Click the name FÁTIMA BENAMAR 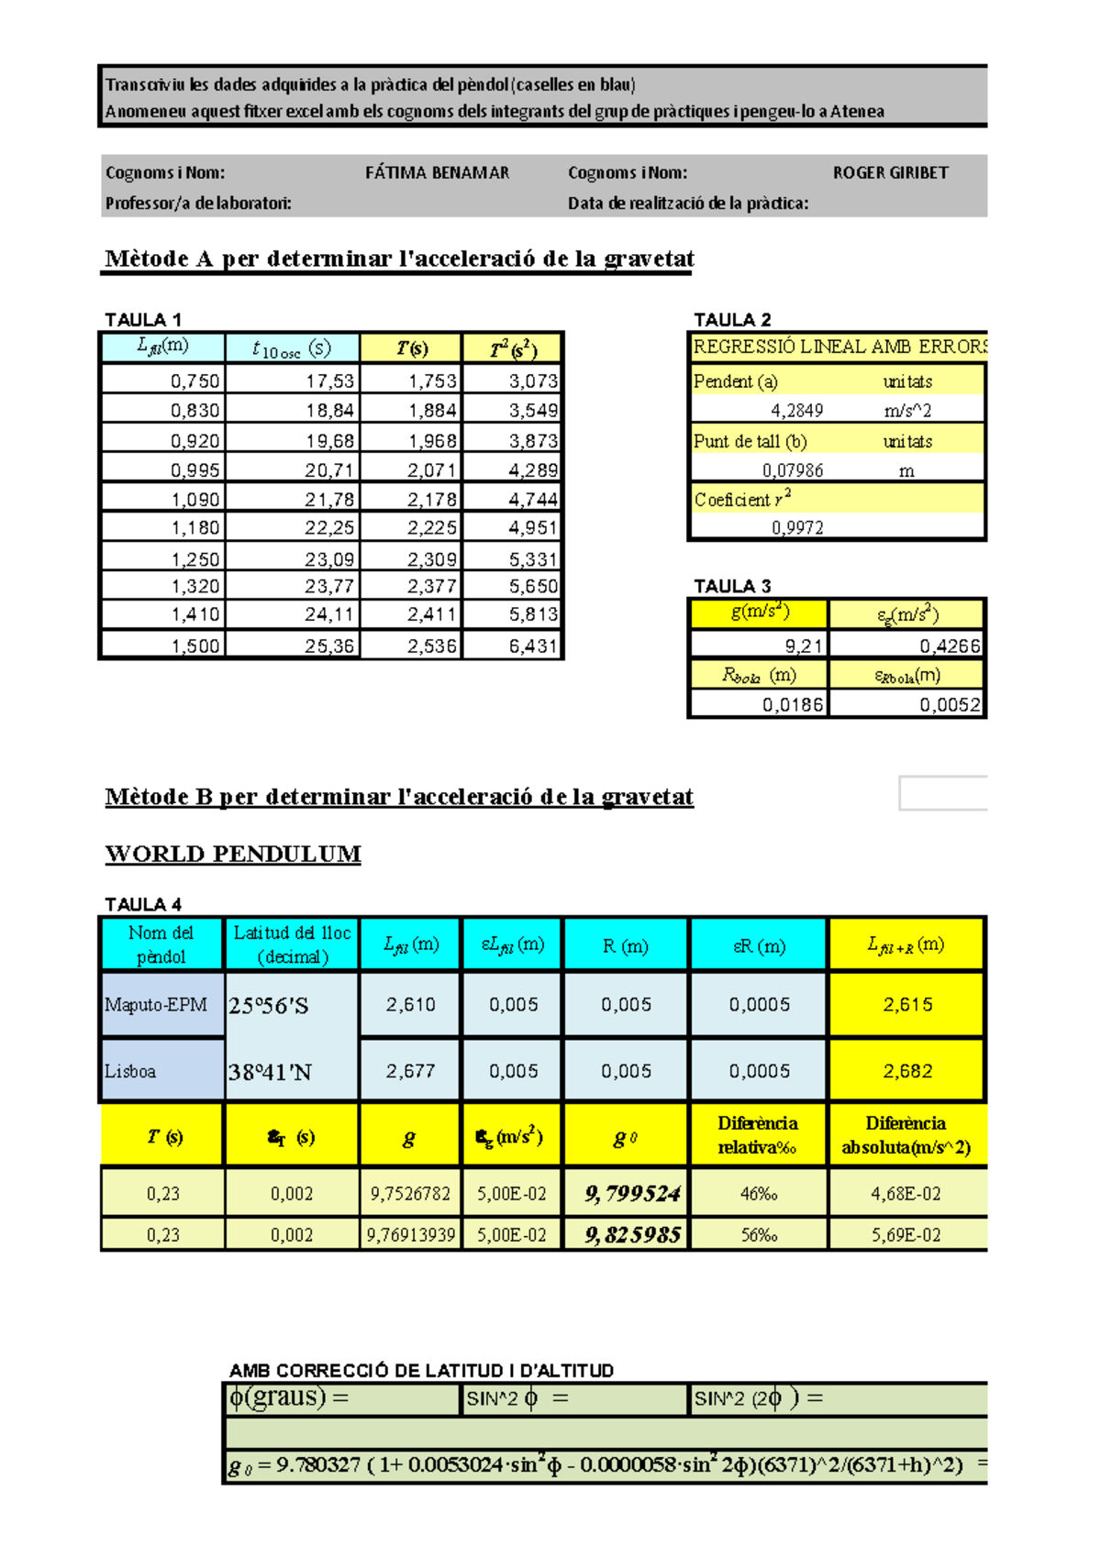437,172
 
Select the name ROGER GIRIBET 890,172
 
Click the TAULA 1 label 143,320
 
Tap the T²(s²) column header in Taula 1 513,348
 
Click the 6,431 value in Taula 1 533,646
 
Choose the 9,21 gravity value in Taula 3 804,646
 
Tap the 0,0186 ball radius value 793,704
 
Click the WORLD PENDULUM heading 233,854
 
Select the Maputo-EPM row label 156,1005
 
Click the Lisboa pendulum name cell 130,1071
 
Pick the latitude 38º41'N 270,1072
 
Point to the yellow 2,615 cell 907,1005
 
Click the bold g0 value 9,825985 633,1235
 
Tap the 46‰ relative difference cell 759,1194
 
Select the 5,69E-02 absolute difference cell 906,1235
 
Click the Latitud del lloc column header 292,944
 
